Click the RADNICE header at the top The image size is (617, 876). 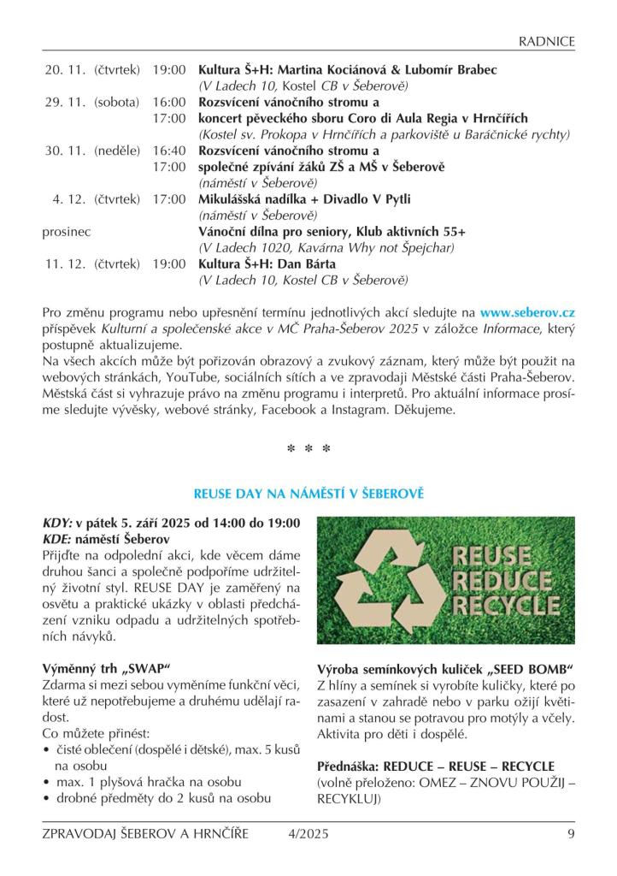[x=547, y=42]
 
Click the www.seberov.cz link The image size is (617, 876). [x=527, y=314]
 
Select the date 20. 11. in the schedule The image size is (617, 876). [x=67, y=69]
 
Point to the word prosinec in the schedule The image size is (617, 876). [x=67, y=232]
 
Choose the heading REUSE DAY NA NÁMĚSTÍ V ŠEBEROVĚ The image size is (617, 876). [x=308, y=494]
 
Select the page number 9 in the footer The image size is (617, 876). [x=570, y=835]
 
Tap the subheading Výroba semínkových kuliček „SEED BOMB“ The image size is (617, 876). [x=444, y=668]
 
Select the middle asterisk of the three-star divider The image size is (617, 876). [x=308, y=448]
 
